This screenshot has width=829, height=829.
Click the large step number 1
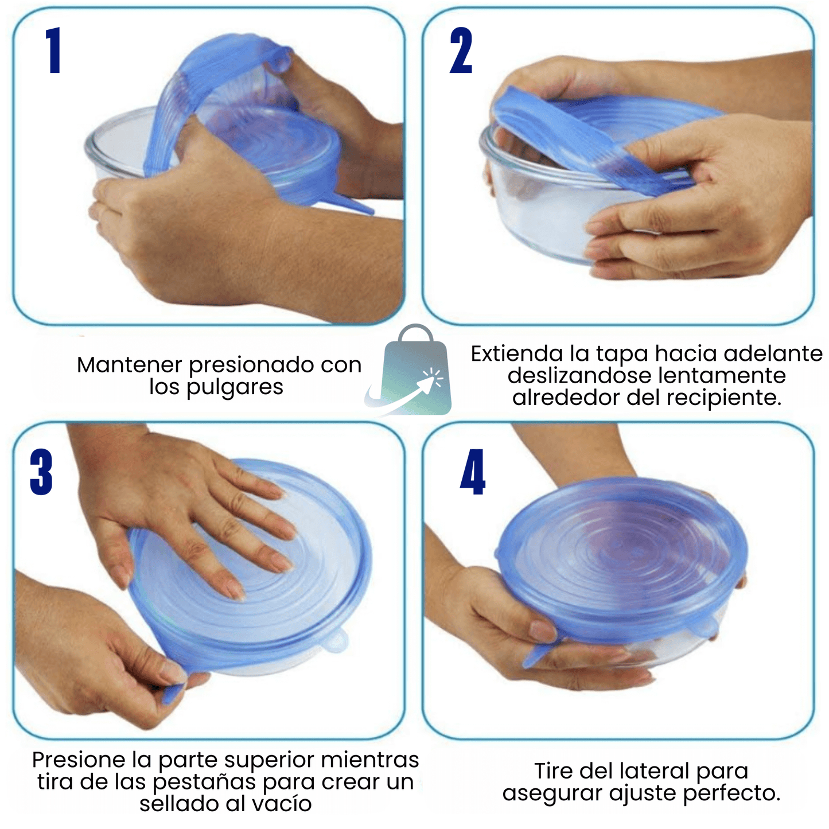click(53, 50)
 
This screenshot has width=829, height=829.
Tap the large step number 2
click(461, 50)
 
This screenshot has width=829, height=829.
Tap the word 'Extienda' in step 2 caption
click(517, 354)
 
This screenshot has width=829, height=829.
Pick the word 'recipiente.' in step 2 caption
click(724, 398)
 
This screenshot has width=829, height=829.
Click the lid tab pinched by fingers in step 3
click(174, 692)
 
